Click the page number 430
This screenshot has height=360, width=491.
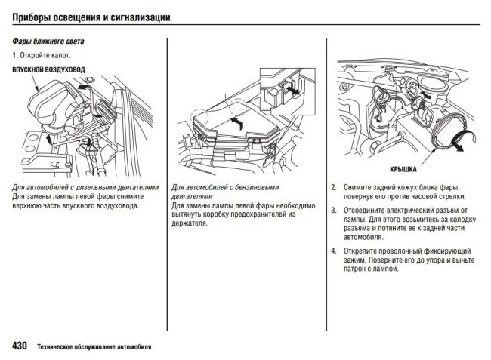pyautogui.click(x=20, y=346)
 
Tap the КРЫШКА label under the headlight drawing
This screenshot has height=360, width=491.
pyautogui.click(x=403, y=171)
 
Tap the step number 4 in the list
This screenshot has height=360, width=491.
pyautogui.click(x=334, y=250)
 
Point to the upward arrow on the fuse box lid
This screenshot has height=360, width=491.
pyautogui.click(x=237, y=121)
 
